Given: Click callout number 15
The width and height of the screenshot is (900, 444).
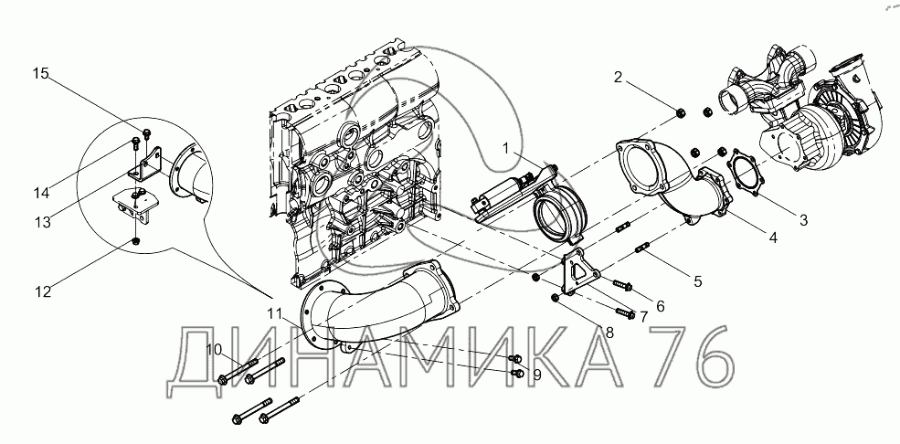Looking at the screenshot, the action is [x=40, y=73].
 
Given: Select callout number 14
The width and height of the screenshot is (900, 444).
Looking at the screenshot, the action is [x=41, y=194].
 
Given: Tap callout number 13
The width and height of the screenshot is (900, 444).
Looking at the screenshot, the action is [x=42, y=221].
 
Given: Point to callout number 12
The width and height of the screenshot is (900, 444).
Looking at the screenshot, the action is [x=42, y=291].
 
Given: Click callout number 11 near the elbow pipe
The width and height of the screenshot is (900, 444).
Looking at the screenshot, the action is [x=274, y=313].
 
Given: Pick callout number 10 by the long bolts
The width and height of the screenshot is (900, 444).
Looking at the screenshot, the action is [x=214, y=349].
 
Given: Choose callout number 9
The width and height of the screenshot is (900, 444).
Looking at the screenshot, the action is [x=537, y=375].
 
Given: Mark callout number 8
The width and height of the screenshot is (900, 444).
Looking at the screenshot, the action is [x=609, y=333].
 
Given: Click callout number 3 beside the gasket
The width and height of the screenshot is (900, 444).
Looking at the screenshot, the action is [x=803, y=219].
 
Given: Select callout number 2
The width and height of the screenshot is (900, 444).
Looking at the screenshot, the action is [x=618, y=78].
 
